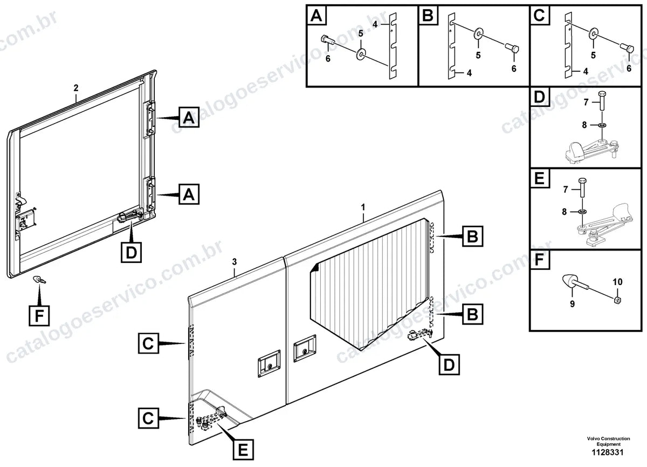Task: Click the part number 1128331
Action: (608, 452)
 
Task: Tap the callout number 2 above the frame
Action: (76, 88)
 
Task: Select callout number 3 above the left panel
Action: (234, 262)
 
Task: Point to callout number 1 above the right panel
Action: (363, 207)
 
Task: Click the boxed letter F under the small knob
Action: (39, 315)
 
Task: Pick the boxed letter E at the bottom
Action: (243, 450)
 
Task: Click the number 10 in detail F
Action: (617, 282)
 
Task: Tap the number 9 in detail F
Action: (573, 304)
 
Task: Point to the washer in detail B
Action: (479, 33)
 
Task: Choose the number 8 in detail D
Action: (584, 125)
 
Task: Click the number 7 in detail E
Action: (566, 189)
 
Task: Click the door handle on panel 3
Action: (269, 363)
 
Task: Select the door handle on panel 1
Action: (305, 348)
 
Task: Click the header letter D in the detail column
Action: (539, 97)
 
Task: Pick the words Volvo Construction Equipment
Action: (608, 441)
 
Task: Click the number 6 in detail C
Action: (629, 69)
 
